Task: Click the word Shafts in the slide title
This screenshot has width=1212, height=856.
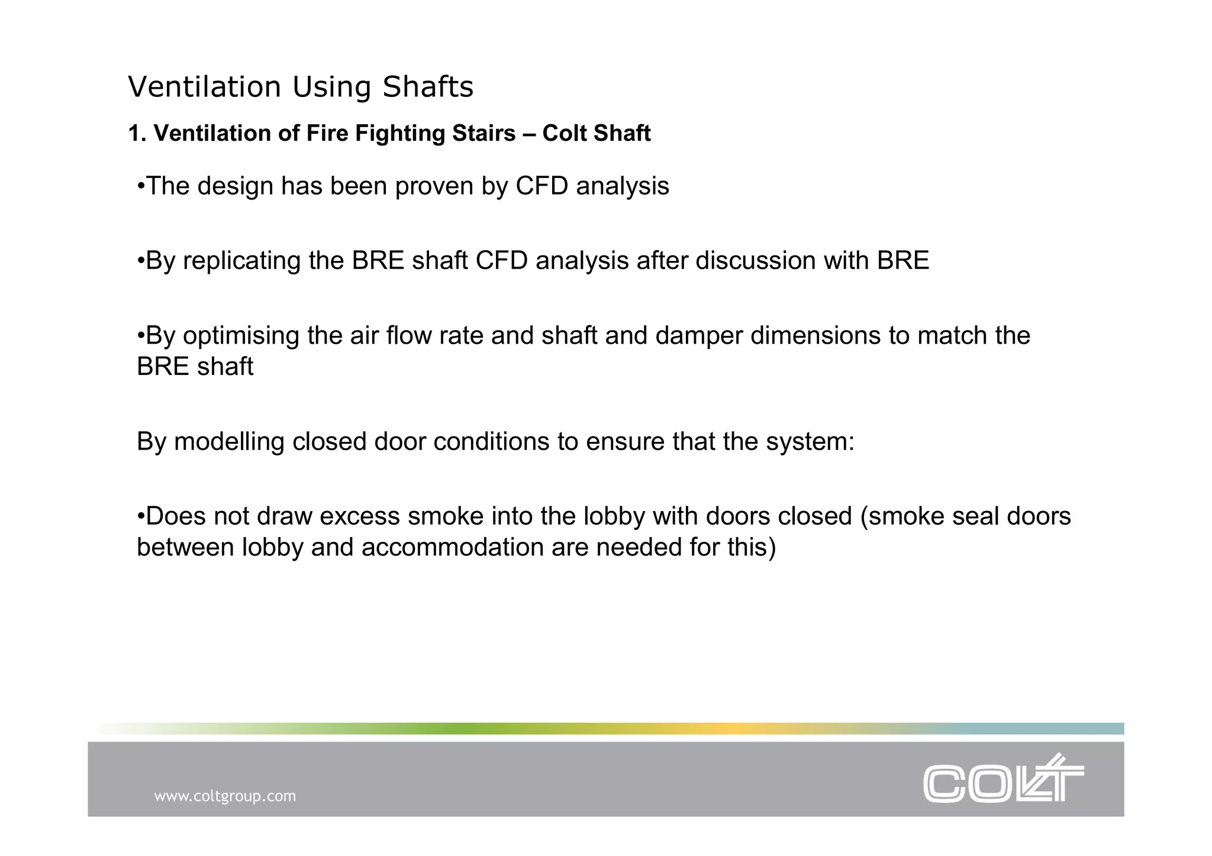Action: (x=427, y=87)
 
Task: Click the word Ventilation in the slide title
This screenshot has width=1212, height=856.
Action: (x=204, y=87)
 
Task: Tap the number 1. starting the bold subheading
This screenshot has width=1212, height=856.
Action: (x=137, y=134)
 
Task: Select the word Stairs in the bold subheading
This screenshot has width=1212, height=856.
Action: (x=483, y=134)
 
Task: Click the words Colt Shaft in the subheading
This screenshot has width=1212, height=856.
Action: (x=596, y=134)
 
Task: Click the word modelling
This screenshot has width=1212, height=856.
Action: (x=229, y=441)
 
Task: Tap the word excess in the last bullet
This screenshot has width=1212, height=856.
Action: (x=360, y=516)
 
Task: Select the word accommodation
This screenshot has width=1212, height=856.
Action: (x=452, y=547)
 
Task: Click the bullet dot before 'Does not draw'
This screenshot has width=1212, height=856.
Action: (x=141, y=516)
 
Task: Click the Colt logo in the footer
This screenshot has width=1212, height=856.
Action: (x=1003, y=779)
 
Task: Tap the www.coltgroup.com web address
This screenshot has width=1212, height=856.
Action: (x=225, y=796)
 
